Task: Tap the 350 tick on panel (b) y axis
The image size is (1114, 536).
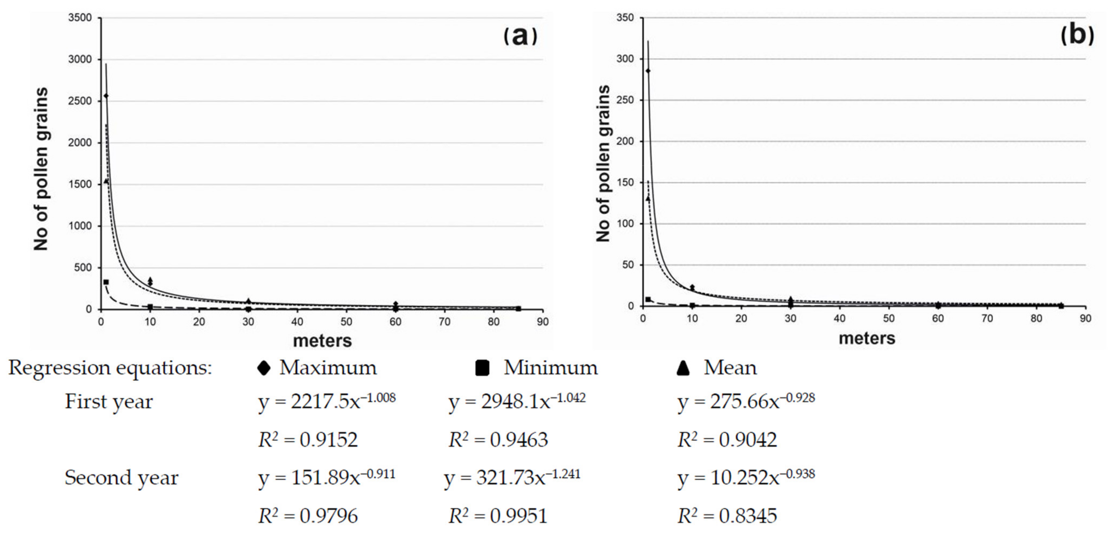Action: [x=625, y=18]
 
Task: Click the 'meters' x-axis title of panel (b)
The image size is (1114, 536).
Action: [x=867, y=338]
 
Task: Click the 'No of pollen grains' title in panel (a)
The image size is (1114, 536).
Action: [x=41, y=169]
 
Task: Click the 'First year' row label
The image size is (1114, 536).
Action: [x=108, y=401]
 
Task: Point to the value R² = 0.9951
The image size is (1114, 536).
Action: [x=498, y=516]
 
